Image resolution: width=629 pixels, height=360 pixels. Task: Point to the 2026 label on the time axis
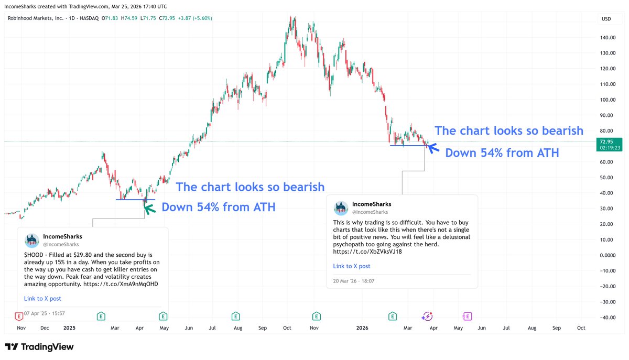tap(362, 328)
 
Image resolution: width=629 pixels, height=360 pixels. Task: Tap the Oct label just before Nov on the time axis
tap(287, 328)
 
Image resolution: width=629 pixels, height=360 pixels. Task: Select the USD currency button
tap(606, 19)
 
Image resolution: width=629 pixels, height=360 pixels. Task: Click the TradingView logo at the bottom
tap(39, 347)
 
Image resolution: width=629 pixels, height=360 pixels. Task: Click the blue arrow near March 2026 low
tap(433, 148)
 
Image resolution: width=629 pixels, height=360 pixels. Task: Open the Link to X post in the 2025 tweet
tap(42, 299)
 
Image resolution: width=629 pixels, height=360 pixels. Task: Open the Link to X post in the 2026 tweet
tap(352, 266)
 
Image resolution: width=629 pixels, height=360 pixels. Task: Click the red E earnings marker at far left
tap(19, 316)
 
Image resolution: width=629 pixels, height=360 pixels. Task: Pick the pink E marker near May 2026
tap(467, 316)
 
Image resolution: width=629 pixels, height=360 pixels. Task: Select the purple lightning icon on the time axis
tap(427, 316)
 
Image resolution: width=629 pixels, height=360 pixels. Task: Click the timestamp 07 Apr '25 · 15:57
tap(45, 313)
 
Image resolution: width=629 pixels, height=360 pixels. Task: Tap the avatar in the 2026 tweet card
tap(341, 208)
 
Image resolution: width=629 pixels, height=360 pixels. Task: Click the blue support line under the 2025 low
tap(135, 200)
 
